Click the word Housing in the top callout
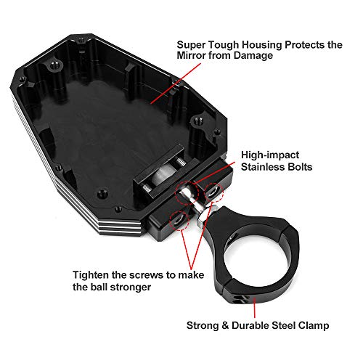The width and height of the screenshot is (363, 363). pyautogui.click(x=262, y=45)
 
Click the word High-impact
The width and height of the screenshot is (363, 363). pyautogui.click(x=270, y=155)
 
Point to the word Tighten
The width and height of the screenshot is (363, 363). pyautogui.click(x=91, y=275)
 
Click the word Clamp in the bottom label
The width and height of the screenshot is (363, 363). pyautogui.click(x=314, y=326)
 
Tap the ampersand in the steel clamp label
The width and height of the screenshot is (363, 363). pyautogui.click(x=225, y=326)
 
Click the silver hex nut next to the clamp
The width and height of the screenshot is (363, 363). pyautogui.click(x=203, y=216)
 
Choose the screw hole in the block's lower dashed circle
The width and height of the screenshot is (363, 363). pyautogui.click(x=179, y=220)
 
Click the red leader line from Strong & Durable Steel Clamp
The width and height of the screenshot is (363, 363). pyautogui.click(x=255, y=308)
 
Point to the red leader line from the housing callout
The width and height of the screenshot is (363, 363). pyautogui.click(x=176, y=83)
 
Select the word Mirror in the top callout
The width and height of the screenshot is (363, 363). pyautogui.click(x=191, y=55)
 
